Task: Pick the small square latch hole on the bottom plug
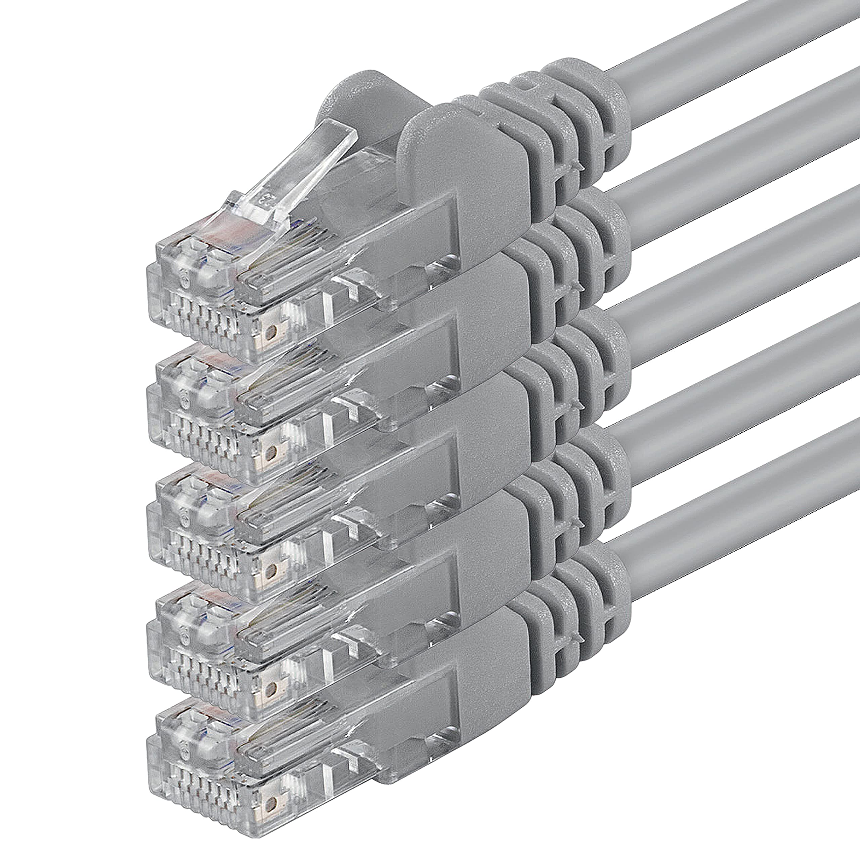click(x=270, y=811)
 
